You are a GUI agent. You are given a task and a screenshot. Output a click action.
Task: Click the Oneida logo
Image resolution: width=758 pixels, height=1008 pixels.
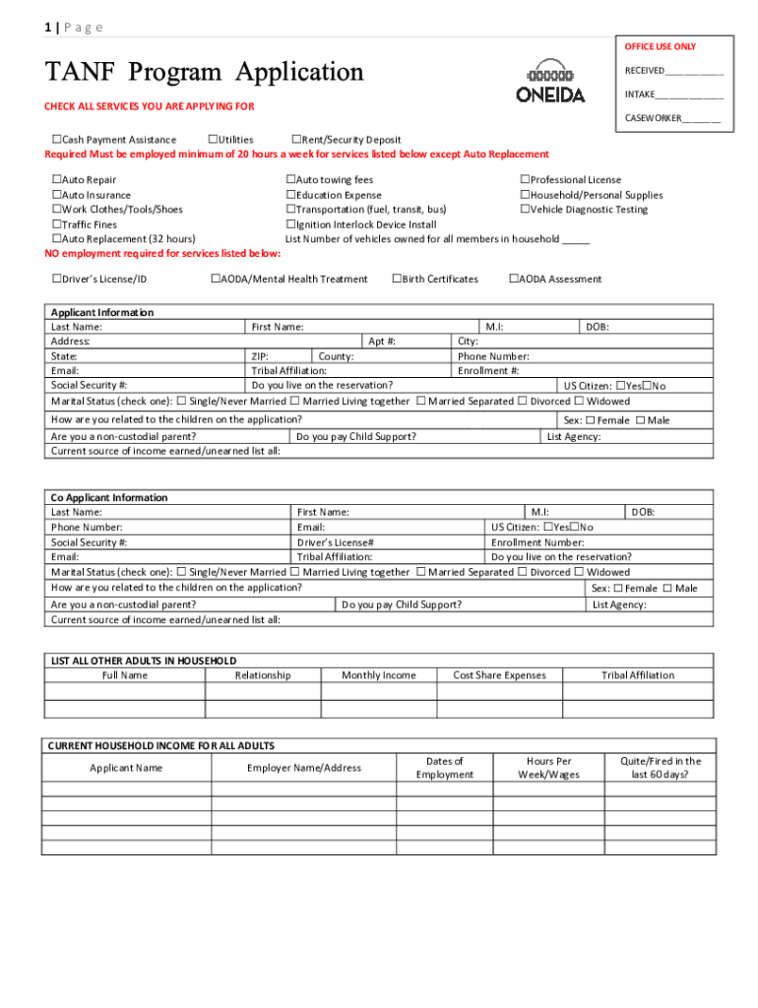coord(550,81)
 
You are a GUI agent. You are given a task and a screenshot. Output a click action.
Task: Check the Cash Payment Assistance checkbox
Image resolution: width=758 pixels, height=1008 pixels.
coord(56,140)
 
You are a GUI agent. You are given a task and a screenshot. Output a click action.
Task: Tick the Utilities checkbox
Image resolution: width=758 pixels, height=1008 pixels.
coord(214,140)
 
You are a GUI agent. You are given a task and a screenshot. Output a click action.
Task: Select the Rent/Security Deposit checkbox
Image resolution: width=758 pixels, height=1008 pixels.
coord(296,140)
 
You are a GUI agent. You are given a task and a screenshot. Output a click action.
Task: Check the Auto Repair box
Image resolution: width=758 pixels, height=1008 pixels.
coord(56,180)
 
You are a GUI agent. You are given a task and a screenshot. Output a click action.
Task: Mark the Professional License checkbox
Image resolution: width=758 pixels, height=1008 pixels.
coord(525,180)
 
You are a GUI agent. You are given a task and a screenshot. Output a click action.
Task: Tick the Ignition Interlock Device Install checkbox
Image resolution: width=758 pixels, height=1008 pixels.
coord(290,224)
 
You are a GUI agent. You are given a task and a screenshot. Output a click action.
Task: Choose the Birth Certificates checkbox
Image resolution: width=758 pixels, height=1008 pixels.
coord(397,280)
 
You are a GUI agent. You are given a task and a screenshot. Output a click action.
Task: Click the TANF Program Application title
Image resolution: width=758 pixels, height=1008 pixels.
coord(205,72)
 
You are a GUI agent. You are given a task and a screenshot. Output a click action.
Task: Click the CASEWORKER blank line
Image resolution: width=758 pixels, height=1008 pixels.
coord(701,120)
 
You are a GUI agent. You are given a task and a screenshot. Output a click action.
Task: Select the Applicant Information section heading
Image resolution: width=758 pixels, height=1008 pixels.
coord(102,312)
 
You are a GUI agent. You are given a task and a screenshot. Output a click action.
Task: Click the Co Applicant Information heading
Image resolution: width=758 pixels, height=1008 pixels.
coord(109,498)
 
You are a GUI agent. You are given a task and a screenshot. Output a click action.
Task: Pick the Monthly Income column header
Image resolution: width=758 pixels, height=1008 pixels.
coord(379,675)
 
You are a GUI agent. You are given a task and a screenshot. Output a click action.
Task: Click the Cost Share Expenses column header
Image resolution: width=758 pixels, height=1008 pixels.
coord(499,675)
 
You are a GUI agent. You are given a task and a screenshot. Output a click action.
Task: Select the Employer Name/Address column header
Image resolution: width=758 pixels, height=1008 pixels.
coord(304,768)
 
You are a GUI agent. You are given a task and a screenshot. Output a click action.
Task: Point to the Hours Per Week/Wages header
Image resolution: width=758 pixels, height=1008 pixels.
coord(549,768)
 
